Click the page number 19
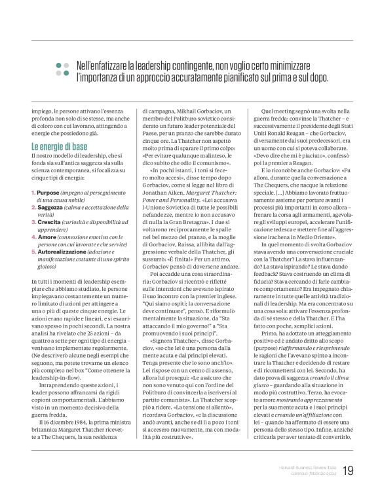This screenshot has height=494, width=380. coord(347,470)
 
